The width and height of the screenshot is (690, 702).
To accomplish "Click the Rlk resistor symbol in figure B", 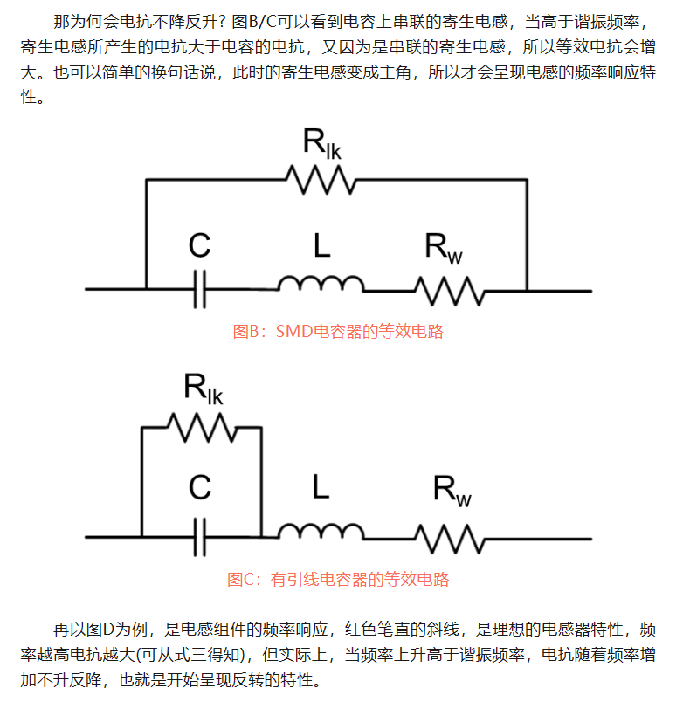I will click(321, 180).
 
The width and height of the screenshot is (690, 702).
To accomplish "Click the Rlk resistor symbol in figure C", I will click(201, 427).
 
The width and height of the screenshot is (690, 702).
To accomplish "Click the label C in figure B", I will click(199, 246).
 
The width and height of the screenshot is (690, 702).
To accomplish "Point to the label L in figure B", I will click(321, 246).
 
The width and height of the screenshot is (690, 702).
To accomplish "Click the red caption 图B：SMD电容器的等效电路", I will click(338, 332).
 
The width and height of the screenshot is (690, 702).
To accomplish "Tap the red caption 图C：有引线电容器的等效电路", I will click(338, 579).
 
